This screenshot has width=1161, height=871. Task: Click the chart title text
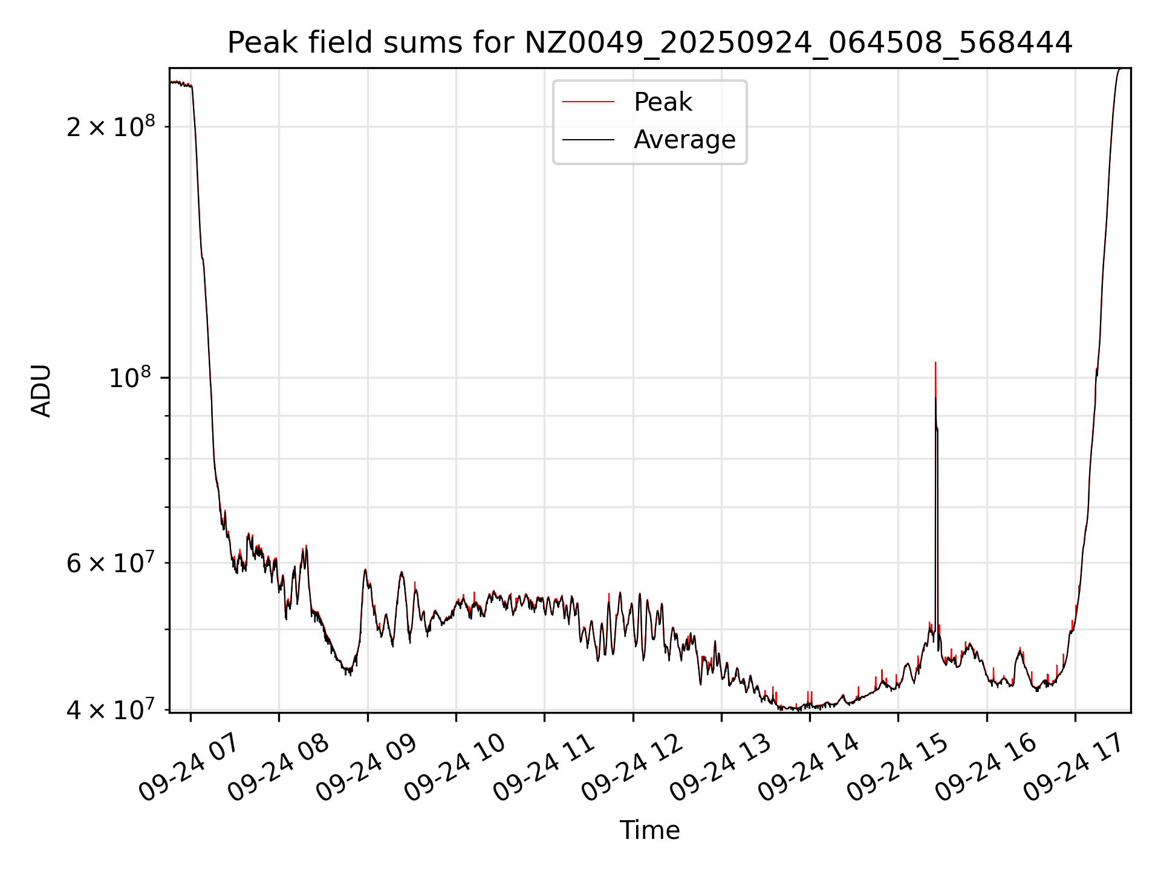click(x=649, y=43)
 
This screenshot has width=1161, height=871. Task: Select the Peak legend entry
click(x=662, y=102)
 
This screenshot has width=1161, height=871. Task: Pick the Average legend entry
click(x=684, y=140)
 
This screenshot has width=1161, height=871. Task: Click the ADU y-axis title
click(x=41, y=391)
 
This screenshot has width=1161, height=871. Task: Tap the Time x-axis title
click(x=649, y=830)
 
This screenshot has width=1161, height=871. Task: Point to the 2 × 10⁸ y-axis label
click(x=111, y=126)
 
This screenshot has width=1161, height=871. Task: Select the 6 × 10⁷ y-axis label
click(x=111, y=563)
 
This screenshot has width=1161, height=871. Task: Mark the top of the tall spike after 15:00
click(x=935, y=363)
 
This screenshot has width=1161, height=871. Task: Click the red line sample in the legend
click(x=588, y=102)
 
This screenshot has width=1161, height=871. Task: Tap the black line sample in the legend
click(x=588, y=140)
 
